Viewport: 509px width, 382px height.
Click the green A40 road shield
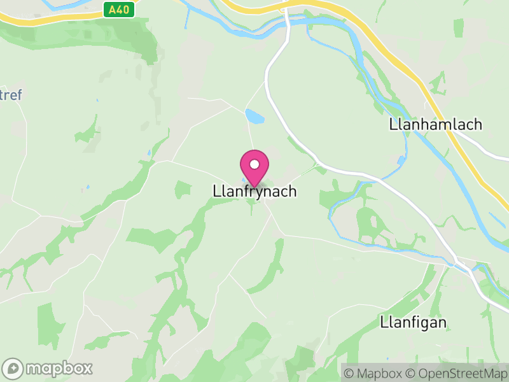pyautogui.click(x=118, y=10)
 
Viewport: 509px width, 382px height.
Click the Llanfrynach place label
pyautogui.click(x=254, y=191)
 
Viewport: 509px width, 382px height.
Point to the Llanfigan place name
pyautogui.click(x=413, y=322)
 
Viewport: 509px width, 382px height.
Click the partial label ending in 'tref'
pyautogui.click(x=11, y=95)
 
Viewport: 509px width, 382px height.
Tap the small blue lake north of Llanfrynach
pyautogui.click(x=254, y=117)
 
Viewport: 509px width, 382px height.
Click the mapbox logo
pyautogui.click(x=48, y=368)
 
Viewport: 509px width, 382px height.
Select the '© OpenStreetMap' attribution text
pyautogui.click(x=459, y=372)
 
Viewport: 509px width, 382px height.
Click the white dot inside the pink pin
pyautogui.click(x=254, y=164)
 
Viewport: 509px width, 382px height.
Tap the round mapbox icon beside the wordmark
pyautogui.click(x=13, y=368)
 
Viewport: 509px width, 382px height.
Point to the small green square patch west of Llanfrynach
pyautogui.click(x=183, y=188)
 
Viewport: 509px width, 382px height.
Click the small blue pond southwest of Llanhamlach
pyautogui.click(x=400, y=160)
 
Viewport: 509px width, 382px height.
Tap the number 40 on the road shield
pyautogui.click(x=122, y=10)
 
